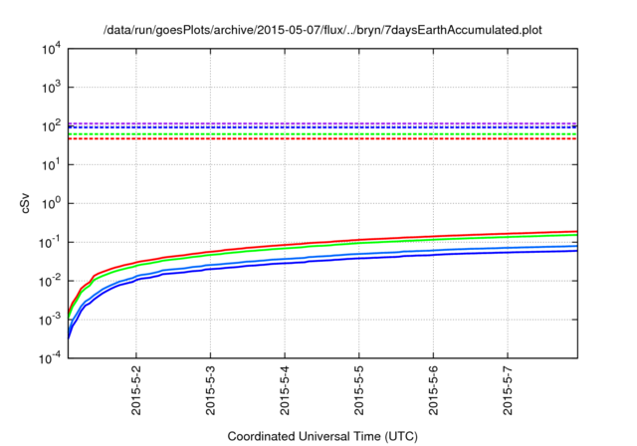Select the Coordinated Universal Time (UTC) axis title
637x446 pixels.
coord(321,436)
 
